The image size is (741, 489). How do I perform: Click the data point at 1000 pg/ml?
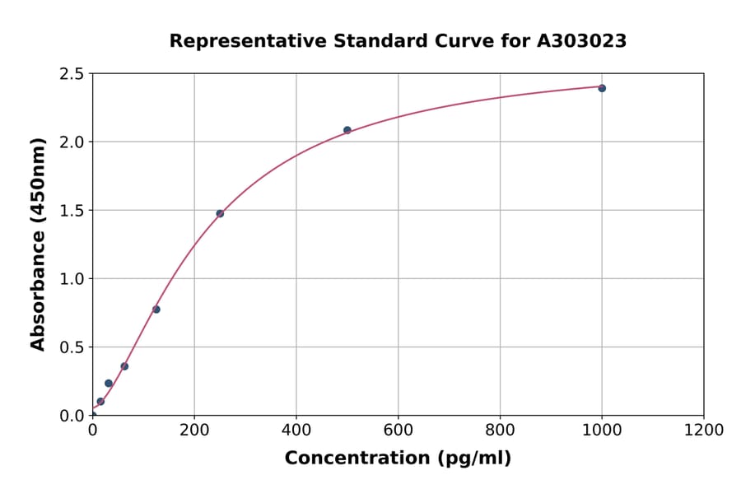(602, 88)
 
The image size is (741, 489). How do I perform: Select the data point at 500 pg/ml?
(347, 130)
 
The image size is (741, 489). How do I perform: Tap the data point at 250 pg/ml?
(220, 213)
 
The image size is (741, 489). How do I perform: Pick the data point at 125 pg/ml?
(156, 310)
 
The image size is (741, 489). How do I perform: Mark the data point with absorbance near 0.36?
(124, 366)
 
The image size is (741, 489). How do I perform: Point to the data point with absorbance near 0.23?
(109, 384)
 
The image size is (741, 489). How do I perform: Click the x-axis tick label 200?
(194, 430)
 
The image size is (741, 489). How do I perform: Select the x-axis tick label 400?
(296, 430)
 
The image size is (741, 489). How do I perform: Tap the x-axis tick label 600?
(398, 430)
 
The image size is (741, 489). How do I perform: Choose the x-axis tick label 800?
(500, 430)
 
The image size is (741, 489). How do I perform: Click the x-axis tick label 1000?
(602, 430)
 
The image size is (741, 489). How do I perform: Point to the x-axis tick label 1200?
(704, 430)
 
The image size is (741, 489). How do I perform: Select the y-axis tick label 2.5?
(72, 74)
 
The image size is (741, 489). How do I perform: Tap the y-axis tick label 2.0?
(72, 142)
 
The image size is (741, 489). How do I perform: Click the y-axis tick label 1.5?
(72, 211)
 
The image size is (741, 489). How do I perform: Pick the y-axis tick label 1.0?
(72, 279)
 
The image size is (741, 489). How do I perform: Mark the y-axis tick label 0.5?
(72, 347)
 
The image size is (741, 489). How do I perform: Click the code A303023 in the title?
(581, 41)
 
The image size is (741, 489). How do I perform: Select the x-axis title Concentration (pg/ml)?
(398, 459)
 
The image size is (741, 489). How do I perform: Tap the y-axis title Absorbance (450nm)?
(38, 244)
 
